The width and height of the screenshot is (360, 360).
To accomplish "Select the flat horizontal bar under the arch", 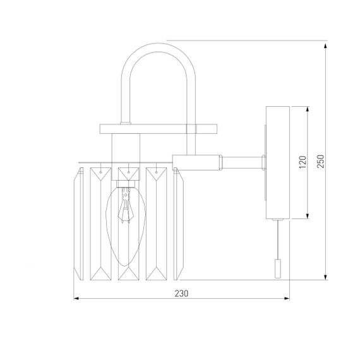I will (158, 129).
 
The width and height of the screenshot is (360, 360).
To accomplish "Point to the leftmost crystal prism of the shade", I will (80, 221).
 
